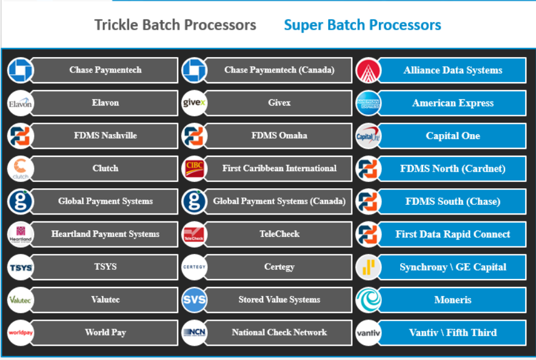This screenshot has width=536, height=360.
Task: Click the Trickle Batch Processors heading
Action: tap(175, 25)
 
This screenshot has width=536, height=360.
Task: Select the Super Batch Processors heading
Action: tap(362, 25)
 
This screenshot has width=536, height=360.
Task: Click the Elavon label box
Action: tap(105, 103)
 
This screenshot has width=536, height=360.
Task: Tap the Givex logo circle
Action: tap(194, 103)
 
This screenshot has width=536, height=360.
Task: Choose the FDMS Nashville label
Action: tap(105, 136)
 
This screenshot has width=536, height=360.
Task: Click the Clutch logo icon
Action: tap(21, 169)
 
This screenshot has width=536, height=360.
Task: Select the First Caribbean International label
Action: tap(279, 169)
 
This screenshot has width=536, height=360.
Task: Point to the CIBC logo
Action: tap(194, 169)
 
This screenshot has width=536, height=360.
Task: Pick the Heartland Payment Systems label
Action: tap(105, 234)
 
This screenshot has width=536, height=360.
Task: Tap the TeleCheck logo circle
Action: tap(194, 234)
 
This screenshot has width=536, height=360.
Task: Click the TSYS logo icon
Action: tap(21, 267)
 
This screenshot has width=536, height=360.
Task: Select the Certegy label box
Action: tap(279, 267)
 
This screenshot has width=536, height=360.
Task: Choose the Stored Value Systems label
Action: tap(279, 300)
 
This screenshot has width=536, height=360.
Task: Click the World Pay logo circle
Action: tap(21, 333)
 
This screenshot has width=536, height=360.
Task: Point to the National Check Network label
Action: tap(279, 333)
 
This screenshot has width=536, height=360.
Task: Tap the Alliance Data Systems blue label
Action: tap(453, 71)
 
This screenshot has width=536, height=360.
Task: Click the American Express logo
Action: tap(368, 103)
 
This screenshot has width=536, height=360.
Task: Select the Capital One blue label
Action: tap(453, 136)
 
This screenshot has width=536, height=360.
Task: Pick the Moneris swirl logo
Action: tap(368, 300)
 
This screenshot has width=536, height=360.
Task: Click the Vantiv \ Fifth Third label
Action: tap(453, 333)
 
